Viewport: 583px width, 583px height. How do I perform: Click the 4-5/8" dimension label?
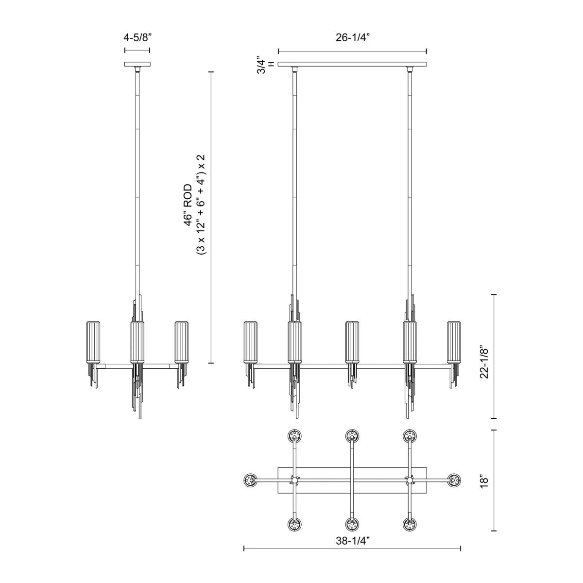point(137,38)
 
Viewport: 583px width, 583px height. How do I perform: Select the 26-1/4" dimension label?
point(352,38)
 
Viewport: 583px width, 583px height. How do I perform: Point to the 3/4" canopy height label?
point(262,64)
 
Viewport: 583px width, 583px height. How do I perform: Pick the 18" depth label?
point(482,480)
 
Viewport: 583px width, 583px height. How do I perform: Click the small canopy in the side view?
point(137,64)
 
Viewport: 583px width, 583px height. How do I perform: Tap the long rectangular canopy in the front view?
point(352,64)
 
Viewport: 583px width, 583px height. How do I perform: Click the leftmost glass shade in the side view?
point(93,342)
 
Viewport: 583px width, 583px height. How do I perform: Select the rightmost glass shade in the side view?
point(182,342)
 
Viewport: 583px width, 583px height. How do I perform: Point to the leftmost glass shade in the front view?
point(251,342)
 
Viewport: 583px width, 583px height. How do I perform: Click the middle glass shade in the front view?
point(352,342)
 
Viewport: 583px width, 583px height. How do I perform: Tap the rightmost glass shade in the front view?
point(454,342)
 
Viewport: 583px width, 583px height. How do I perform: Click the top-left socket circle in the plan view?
point(294,436)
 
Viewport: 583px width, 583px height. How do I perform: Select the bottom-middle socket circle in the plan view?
point(352,525)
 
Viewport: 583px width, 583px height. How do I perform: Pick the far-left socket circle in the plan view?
point(250,480)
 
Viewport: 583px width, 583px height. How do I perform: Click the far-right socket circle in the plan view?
point(454,480)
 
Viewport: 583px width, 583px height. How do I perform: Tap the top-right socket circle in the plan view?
point(410,436)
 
